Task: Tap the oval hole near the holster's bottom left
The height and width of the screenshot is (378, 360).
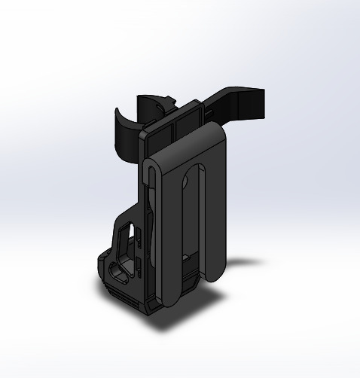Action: pyautogui.click(x=120, y=269)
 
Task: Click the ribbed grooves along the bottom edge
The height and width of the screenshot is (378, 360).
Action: pyautogui.click(x=124, y=296)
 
